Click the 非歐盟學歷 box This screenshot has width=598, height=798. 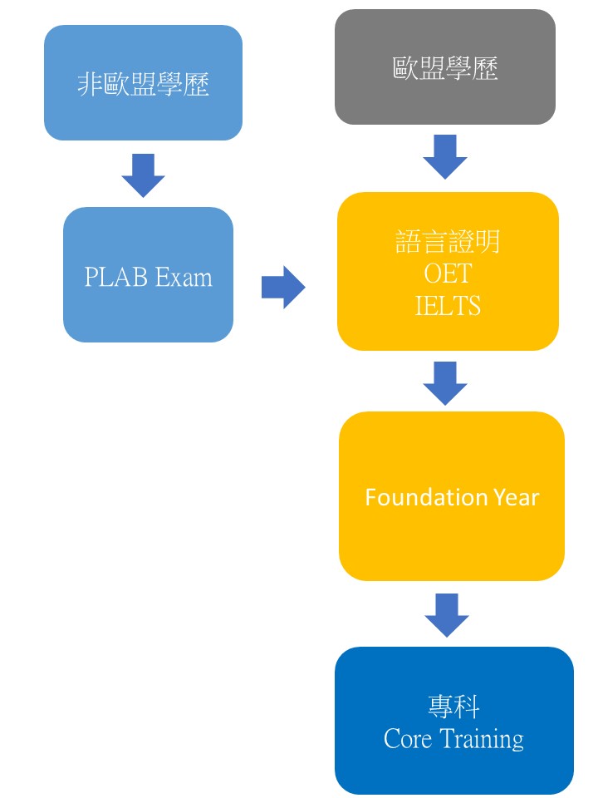coord(143,83)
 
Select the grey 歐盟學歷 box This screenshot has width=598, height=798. coord(445,67)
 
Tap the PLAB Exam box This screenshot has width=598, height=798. coord(148,274)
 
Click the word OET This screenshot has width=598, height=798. coord(447,273)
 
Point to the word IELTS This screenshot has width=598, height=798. coord(448,305)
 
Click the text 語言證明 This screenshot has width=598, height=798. coord(448,242)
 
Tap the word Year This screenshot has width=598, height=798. coord(515,498)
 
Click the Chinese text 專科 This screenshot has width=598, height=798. coord(453,707)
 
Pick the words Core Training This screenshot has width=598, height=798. coord(453,739)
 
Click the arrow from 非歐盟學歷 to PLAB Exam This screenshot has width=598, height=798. coord(143,175)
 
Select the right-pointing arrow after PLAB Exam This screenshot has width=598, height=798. coord(283,288)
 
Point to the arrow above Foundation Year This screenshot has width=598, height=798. coord(445,382)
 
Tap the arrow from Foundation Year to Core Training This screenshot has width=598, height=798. coord(447,614)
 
